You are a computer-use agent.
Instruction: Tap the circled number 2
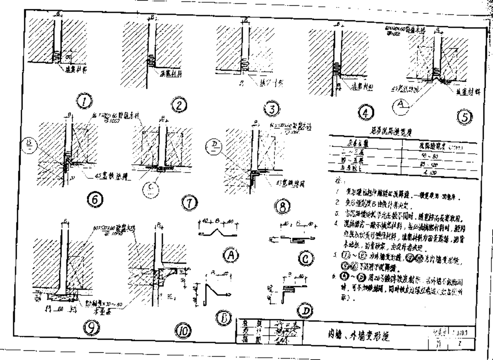point(179,105)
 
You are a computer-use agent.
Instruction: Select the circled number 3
point(272,109)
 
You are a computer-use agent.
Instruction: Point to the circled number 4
point(367,113)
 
